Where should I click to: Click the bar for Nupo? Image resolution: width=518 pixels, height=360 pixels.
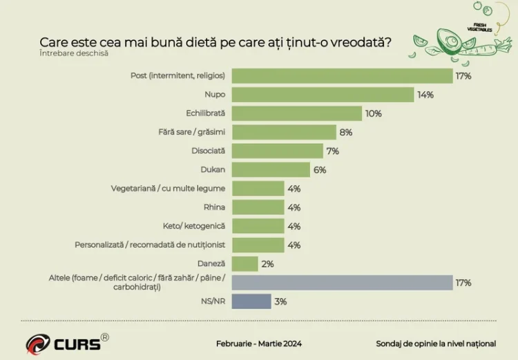[323, 95]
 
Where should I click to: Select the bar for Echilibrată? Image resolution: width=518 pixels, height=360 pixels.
[297, 113]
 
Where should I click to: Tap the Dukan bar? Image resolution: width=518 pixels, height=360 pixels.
[271, 169]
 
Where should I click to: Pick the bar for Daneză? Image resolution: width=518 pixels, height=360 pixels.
[244, 263]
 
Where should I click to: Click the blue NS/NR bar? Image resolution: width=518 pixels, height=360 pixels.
[251, 301]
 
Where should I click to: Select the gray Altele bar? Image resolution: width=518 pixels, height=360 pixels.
[342, 283]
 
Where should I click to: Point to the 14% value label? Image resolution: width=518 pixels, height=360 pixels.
[425, 95]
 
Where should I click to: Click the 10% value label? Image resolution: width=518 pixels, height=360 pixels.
[374, 113]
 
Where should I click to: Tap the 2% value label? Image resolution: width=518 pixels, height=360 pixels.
[268, 263]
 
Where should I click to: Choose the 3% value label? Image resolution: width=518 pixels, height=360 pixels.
[280, 301]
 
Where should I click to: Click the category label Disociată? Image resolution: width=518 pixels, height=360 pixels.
[208, 151]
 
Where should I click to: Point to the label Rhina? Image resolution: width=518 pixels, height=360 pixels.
[214, 207]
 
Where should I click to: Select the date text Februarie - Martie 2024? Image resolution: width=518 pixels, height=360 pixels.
[259, 343]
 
